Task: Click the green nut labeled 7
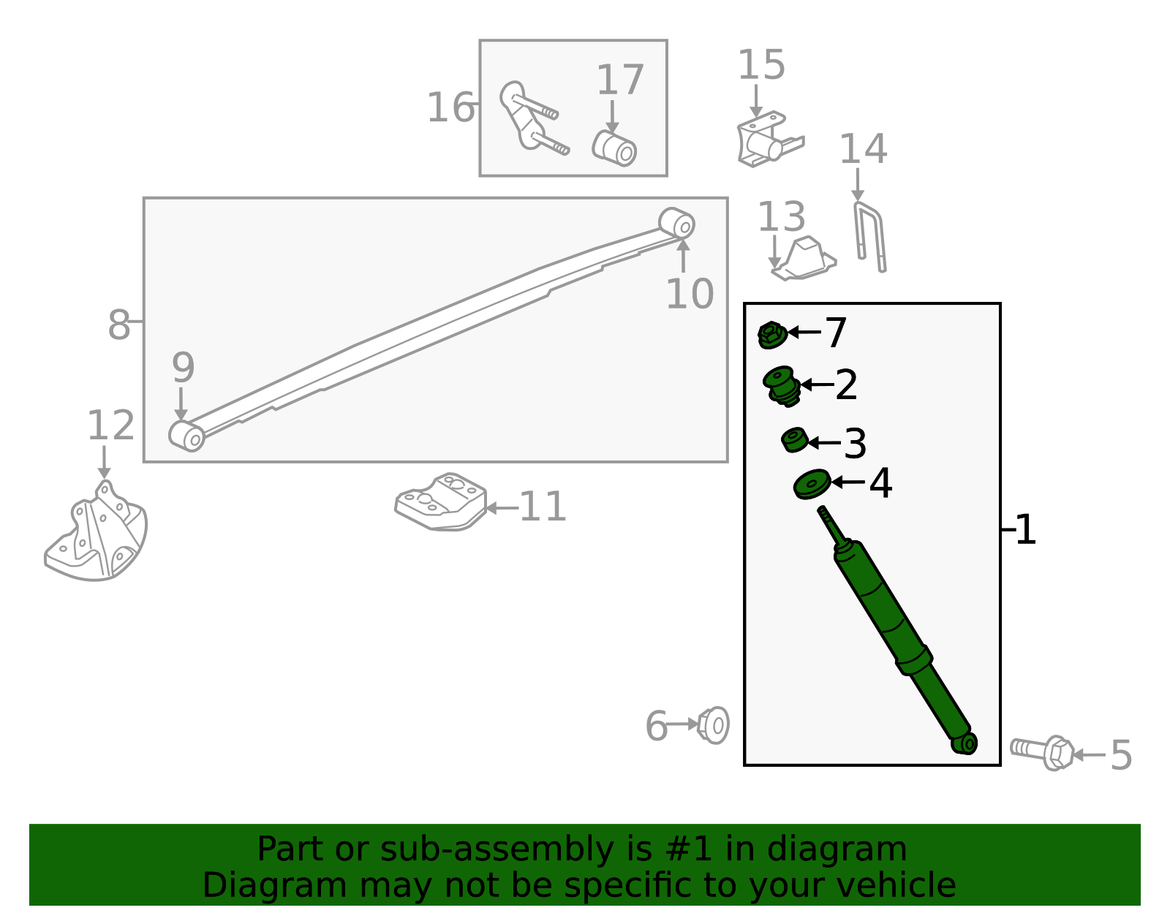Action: pyautogui.click(x=771, y=335)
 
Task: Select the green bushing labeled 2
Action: pyautogui.click(x=782, y=386)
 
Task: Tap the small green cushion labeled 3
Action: pyautogui.click(x=794, y=439)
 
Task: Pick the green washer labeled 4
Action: pyautogui.click(x=812, y=484)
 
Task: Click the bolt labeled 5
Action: pyautogui.click(x=1042, y=752)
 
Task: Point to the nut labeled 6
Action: pyautogui.click(x=713, y=725)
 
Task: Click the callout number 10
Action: pyautogui.click(x=690, y=295)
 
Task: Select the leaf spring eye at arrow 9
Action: pyautogui.click(x=186, y=436)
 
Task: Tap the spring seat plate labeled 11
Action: pyautogui.click(x=440, y=502)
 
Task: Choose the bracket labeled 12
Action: pyautogui.click(x=96, y=533)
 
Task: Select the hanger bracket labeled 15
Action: pyautogui.click(x=769, y=139)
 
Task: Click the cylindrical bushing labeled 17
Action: pyautogui.click(x=614, y=148)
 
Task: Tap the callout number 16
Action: pyautogui.click(x=451, y=107)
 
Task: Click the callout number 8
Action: pyautogui.click(x=118, y=325)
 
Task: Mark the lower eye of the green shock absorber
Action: pyautogui.click(x=965, y=743)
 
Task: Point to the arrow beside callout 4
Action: pyautogui.click(x=848, y=482)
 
